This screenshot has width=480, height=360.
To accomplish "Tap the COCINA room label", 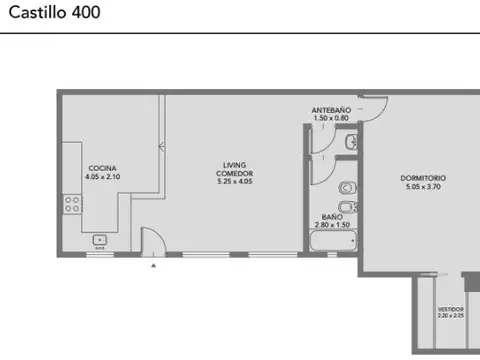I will tap(101, 167).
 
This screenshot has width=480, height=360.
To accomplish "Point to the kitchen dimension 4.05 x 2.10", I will tap(101, 176).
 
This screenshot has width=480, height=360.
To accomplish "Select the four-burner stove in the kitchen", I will tap(73, 204).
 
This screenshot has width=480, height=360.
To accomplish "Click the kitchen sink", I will tap(100, 240).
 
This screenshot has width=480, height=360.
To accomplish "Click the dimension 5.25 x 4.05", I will tap(234, 182).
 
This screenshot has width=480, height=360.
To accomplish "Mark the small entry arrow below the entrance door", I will tap(153, 266).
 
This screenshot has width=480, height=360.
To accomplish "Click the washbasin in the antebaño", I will tap(347, 146).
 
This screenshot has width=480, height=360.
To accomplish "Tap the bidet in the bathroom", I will tap(346, 208).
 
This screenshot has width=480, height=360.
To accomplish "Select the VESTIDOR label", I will tap(450, 309).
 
